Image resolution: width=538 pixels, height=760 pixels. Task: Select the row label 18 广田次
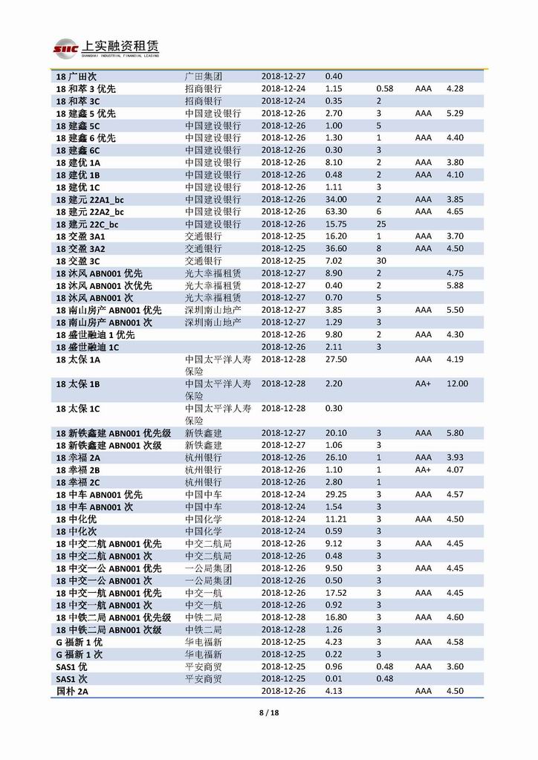[77, 77]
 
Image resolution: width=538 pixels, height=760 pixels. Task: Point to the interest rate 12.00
[457, 383]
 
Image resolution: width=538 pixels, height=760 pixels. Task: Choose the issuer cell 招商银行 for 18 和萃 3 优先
[203, 89]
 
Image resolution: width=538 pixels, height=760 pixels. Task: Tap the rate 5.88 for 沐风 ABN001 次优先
[455, 285]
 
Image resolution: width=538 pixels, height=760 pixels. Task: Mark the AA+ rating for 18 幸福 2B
[423, 470]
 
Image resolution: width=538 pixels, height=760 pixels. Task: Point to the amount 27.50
[336, 359]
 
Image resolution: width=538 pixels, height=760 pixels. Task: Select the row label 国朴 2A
[73, 691]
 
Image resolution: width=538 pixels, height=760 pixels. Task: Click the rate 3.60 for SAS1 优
[455, 666]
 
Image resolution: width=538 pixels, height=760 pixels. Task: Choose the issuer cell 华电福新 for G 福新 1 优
[203, 642]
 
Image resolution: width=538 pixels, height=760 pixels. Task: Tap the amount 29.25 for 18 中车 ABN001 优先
[336, 494]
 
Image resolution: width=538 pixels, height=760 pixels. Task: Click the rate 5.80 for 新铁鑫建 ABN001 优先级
[455, 432]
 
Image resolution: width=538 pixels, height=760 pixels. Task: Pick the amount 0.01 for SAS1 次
[334, 678]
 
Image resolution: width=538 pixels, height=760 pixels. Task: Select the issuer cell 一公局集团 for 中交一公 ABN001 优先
[208, 568]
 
